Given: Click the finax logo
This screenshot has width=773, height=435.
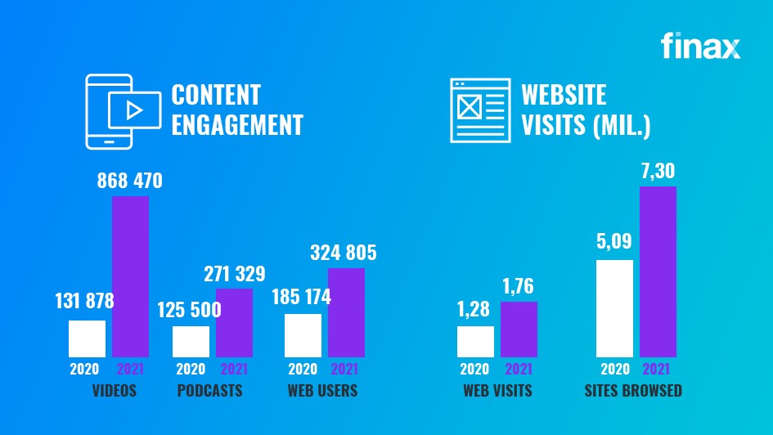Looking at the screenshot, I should pos(700,47).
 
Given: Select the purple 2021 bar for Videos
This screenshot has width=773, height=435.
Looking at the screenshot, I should pos(130,276).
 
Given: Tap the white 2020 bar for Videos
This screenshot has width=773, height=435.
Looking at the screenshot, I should pos(87,339).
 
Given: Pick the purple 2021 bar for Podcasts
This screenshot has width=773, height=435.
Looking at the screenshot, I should pos(234,322).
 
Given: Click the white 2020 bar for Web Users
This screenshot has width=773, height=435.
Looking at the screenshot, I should pos(303,335).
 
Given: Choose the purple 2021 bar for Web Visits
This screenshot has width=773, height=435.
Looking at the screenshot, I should pos(519,329).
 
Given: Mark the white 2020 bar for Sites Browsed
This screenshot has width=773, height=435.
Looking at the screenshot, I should pos(615,308).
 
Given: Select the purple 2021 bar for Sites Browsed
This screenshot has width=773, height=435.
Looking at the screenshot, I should pos(658,271).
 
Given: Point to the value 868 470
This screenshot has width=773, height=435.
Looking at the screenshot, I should pos(130,181).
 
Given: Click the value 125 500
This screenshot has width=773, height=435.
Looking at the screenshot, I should pos(190,312).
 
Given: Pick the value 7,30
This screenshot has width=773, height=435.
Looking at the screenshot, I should pos(658,172).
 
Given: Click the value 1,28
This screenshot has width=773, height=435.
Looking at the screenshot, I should pos(475,312).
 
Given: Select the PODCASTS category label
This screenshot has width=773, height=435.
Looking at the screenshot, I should pos(209,391).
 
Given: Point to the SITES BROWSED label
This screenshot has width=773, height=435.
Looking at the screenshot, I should pos(633,391).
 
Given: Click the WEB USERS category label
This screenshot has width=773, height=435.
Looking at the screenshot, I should pos(322,391).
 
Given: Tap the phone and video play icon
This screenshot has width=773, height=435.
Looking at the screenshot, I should pos(121,111).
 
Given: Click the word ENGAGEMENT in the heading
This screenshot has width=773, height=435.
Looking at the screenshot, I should pos(237,125).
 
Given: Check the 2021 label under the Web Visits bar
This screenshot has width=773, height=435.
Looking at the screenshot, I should pos(519,369).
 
